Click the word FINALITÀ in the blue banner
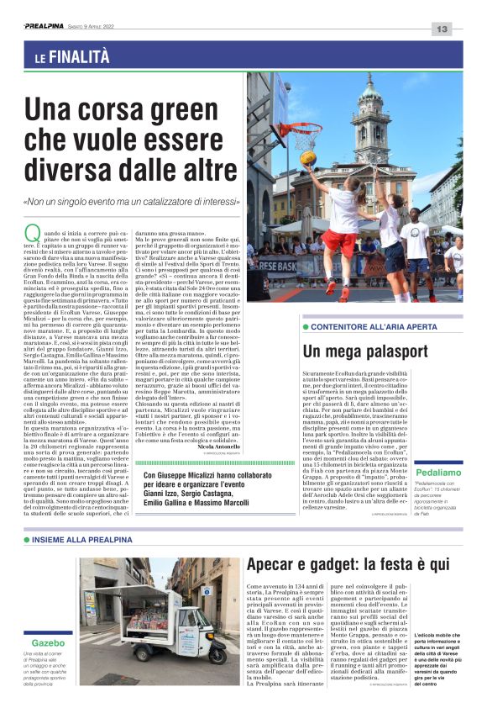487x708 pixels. pos(80,57)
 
